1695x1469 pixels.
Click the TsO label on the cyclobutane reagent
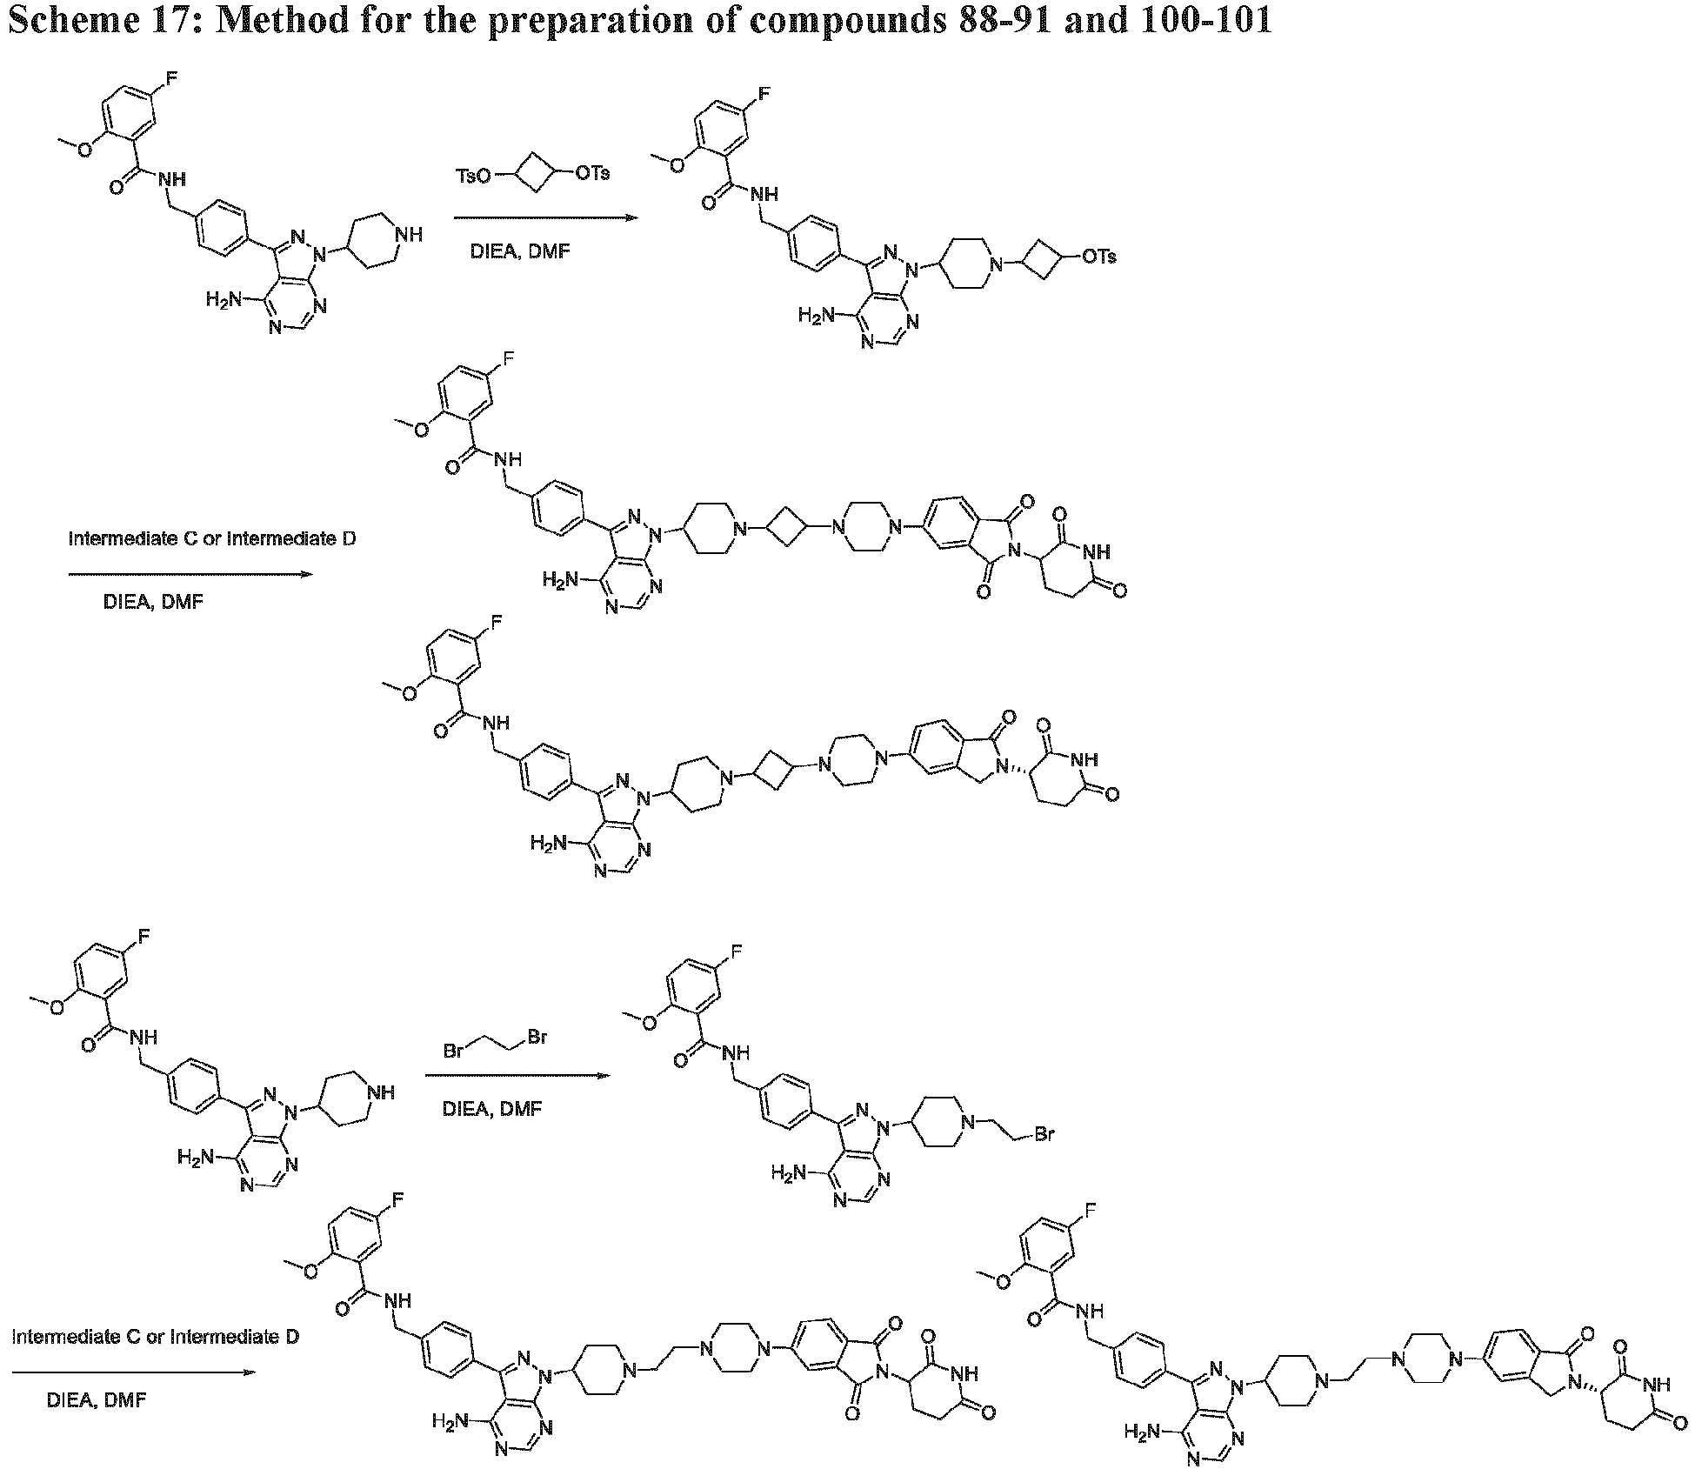click(x=475, y=177)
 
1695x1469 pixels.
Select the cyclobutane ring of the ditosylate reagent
click(x=534, y=175)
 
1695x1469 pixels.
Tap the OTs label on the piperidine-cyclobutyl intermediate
click(x=1098, y=257)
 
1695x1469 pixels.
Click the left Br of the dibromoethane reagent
click(x=453, y=1051)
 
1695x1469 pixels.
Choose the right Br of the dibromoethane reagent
click(x=537, y=1037)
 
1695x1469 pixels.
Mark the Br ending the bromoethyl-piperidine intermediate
click(x=1044, y=1134)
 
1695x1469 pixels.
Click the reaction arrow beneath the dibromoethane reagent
click(x=517, y=1076)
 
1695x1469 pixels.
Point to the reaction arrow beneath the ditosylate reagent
click(x=546, y=217)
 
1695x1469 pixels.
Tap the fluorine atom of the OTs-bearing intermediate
click(x=763, y=93)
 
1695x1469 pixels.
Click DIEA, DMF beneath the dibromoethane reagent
click(x=492, y=1109)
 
